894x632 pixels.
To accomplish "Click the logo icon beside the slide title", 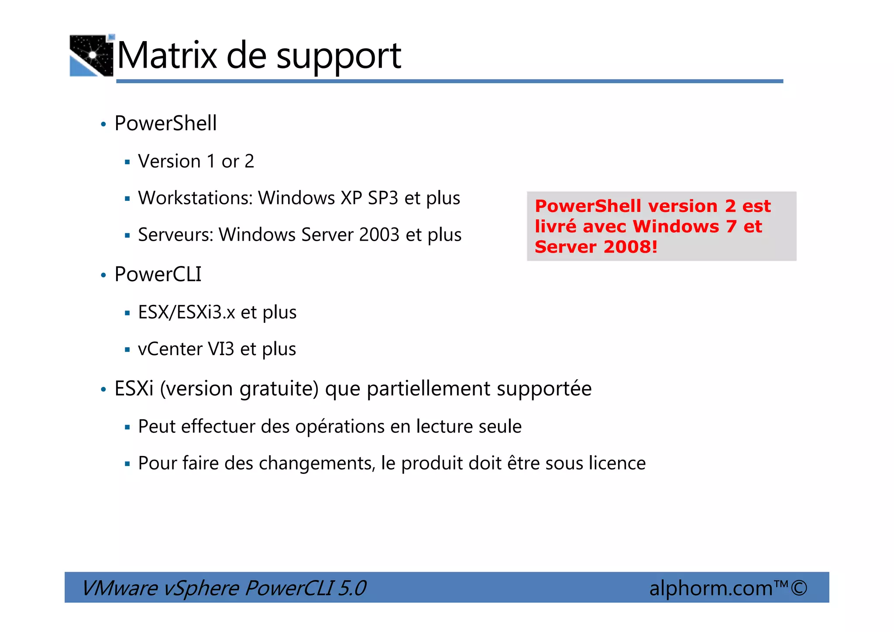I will (92, 55).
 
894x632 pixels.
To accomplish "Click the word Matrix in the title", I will (167, 55).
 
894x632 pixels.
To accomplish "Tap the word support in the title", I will (339, 57).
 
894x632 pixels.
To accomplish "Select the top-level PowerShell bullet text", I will (165, 123).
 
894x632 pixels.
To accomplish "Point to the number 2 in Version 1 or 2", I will (249, 162).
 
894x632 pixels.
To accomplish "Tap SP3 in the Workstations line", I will (383, 198).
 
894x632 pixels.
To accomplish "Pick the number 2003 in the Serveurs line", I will (379, 235).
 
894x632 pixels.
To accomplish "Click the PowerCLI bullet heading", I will (158, 274).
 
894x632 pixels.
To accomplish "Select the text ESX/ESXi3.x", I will (186, 312).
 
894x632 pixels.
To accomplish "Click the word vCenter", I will (170, 349).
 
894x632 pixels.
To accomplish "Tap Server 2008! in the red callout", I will (596, 247).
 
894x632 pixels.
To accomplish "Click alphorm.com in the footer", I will (711, 588).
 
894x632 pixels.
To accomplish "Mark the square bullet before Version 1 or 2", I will (127, 162).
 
